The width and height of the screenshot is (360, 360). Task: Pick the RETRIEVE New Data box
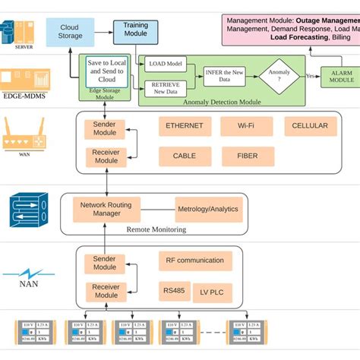coord(166,87)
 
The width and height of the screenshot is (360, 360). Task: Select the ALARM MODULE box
coord(341,75)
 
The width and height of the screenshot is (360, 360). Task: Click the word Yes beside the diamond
coord(309,75)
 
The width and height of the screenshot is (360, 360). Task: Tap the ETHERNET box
coord(185,126)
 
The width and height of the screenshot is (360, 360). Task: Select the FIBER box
coord(248,156)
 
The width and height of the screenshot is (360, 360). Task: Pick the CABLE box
coord(185,156)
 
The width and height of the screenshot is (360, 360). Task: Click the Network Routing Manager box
coord(106,209)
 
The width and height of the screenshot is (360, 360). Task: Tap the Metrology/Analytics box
coord(207,209)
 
